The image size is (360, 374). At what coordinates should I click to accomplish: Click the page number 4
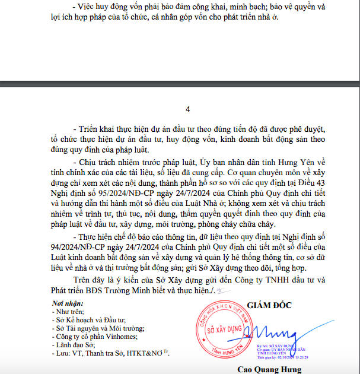[x=187, y=109]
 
